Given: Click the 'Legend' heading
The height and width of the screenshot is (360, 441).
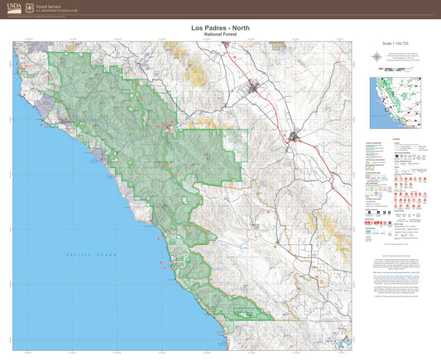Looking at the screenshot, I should pos(395,139).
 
